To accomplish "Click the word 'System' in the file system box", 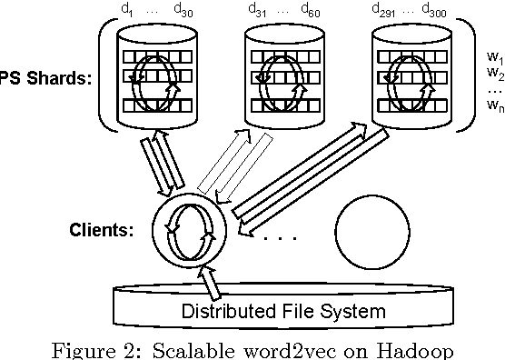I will pyautogui.click(x=352, y=311).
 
